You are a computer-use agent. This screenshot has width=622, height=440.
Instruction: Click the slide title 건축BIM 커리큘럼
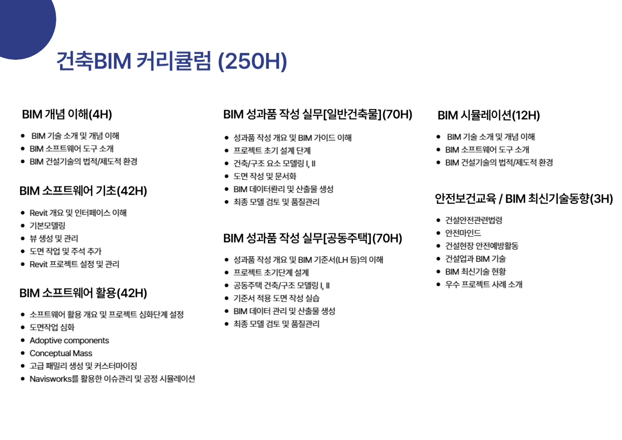[134, 61]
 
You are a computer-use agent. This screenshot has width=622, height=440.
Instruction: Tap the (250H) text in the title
[252, 61]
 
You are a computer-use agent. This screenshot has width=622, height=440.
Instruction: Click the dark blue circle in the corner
[25, 25]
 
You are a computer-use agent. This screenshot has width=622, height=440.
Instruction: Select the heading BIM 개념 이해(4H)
[67, 115]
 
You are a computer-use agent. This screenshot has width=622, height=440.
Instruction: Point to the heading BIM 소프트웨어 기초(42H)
[83, 191]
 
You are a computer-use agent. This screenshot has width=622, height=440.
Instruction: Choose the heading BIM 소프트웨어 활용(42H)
[83, 293]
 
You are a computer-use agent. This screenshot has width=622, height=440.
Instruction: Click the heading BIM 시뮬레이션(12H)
[489, 115]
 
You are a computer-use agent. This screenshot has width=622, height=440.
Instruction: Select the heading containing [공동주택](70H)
[312, 239]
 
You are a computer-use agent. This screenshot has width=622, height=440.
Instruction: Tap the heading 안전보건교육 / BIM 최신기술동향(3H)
[524, 199]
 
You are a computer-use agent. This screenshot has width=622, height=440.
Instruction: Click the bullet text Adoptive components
[69, 341]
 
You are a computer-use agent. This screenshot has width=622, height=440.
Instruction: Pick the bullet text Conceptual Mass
[61, 354]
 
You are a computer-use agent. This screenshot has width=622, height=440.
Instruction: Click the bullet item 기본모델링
[47, 226]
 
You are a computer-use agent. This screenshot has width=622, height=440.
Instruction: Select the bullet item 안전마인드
[463, 233]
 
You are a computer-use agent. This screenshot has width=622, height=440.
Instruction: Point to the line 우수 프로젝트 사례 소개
[484, 284]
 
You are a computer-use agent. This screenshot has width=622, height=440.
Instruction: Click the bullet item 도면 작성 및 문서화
[265, 176]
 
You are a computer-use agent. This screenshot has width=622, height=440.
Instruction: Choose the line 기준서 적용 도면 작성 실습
[276, 298]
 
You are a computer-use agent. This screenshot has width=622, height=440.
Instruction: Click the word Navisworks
[50, 379]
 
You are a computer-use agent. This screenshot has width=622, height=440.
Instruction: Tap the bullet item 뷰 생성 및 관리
[54, 239]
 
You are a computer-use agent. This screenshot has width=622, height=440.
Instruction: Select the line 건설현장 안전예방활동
[482, 246]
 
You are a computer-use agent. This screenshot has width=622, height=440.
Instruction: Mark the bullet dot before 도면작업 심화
[23, 327]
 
